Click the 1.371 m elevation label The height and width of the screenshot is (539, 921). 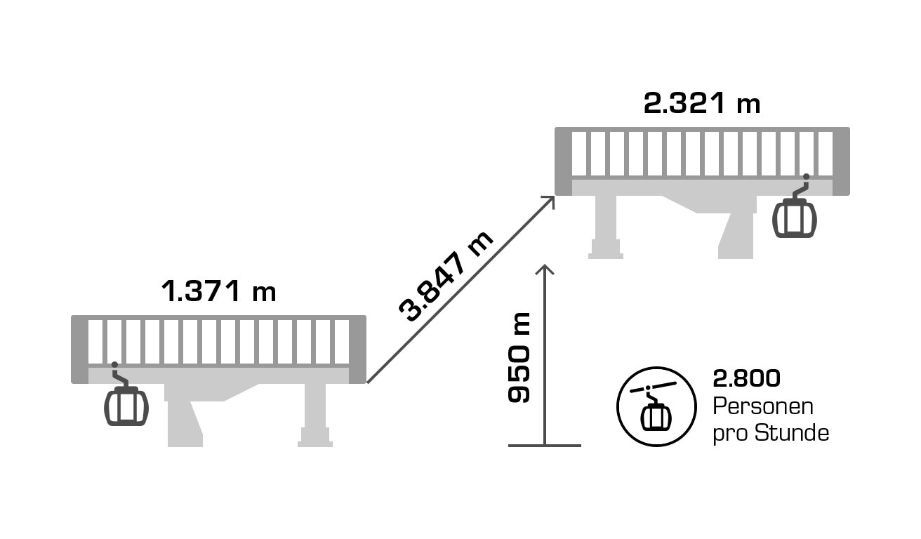pos(218,291)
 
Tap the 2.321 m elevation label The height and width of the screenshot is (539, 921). pos(702,104)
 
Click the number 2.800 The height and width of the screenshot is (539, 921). pos(746,379)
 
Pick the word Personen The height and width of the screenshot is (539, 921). pos(762,407)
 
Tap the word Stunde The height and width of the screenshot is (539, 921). pos(792,433)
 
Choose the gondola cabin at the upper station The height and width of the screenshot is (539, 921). pos(795,215)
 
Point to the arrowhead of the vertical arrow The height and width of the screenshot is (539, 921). pos(545,269)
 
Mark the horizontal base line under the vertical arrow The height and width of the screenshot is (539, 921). pos(545,445)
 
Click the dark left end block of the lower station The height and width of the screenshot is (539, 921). pos(79,350)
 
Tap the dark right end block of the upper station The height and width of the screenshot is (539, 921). pos(841,161)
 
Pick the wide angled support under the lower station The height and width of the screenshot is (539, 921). pos(187,421)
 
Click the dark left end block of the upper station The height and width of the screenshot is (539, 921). pos(564,161)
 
